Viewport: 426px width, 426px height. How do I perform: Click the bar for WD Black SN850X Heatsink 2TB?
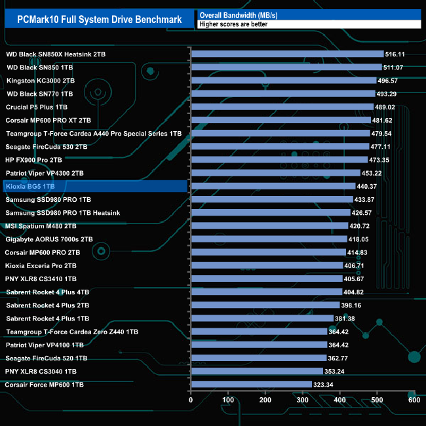[287, 54]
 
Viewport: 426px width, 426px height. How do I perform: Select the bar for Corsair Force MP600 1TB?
[251, 384]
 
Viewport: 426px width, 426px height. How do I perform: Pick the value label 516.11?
[395, 54]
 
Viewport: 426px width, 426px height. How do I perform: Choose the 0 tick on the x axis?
[191, 400]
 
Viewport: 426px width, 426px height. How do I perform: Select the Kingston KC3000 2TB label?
[40, 81]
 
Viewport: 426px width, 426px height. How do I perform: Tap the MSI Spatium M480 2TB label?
[41, 226]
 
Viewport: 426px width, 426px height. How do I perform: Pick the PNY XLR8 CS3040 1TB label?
[41, 371]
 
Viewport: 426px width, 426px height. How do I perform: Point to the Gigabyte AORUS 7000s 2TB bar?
[268, 239]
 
